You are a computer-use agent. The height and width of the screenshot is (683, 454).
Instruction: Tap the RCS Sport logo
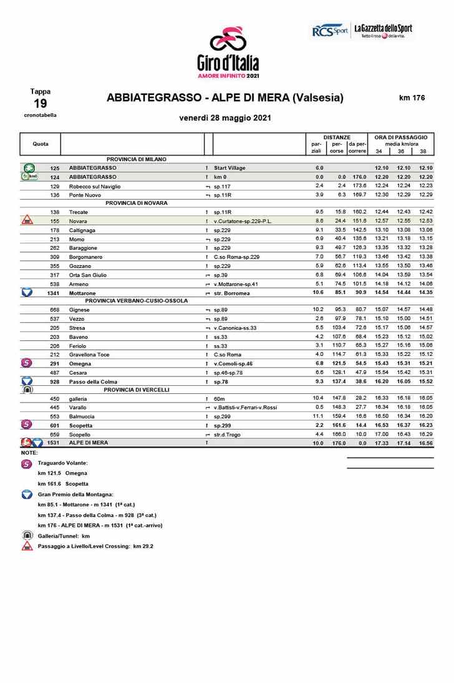(x=329, y=31)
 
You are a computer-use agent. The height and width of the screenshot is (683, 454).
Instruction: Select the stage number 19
(x=40, y=104)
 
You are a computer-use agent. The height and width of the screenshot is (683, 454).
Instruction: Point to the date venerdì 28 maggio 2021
(x=225, y=118)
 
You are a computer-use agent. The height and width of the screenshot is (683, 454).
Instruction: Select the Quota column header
(x=41, y=144)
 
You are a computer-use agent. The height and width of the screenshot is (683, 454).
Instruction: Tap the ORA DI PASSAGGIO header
(x=400, y=137)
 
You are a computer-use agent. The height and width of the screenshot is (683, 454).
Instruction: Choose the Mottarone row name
(x=82, y=292)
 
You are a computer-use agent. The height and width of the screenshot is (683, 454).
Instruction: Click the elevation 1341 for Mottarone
(x=53, y=292)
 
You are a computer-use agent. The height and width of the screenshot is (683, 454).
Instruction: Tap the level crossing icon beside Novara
(x=27, y=221)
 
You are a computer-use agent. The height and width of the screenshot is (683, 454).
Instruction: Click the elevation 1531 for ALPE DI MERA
(x=53, y=443)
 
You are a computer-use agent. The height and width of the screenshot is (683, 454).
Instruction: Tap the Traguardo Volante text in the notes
(x=62, y=463)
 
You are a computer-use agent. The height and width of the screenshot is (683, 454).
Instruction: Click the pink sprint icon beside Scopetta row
(x=27, y=425)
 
